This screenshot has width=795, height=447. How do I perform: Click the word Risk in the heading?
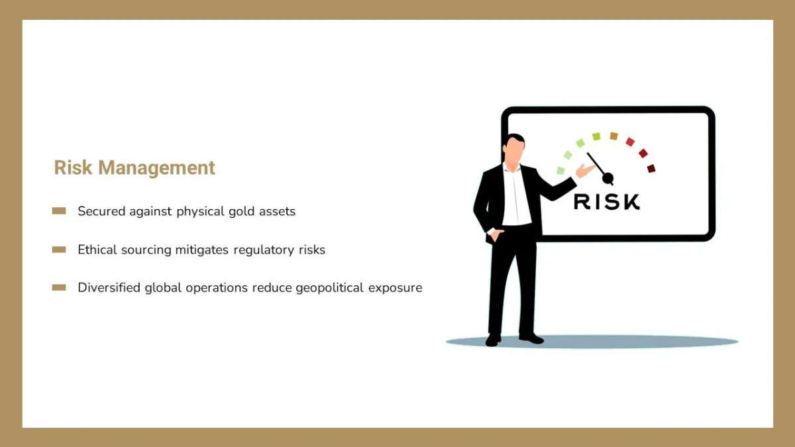point(73,168)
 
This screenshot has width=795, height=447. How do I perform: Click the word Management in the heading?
point(156,168)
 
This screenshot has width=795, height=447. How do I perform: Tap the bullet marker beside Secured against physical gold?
point(59,211)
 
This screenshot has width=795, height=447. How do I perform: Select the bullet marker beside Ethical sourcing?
point(59,250)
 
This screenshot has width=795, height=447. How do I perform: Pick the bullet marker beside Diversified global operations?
point(59,287)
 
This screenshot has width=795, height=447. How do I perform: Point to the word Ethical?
point(97,250)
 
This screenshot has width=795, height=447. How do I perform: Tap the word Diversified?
point(109,287)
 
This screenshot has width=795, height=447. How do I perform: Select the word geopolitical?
point(330,288)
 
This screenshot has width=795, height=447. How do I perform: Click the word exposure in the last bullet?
point(396,288)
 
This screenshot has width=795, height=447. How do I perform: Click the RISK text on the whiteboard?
point(607,202)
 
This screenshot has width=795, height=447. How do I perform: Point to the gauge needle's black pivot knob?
point(608,177)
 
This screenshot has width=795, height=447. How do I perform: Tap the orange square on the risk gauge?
point(613,136)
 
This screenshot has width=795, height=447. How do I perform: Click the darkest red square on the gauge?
point(651,168)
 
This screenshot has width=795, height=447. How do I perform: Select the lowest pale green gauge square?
point(560,171)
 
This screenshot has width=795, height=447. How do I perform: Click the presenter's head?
point(513,148)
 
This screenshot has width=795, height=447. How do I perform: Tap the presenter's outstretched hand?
point(585,170)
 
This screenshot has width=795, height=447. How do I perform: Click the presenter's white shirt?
point(515,195)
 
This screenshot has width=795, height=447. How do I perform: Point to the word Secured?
point(101,211)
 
